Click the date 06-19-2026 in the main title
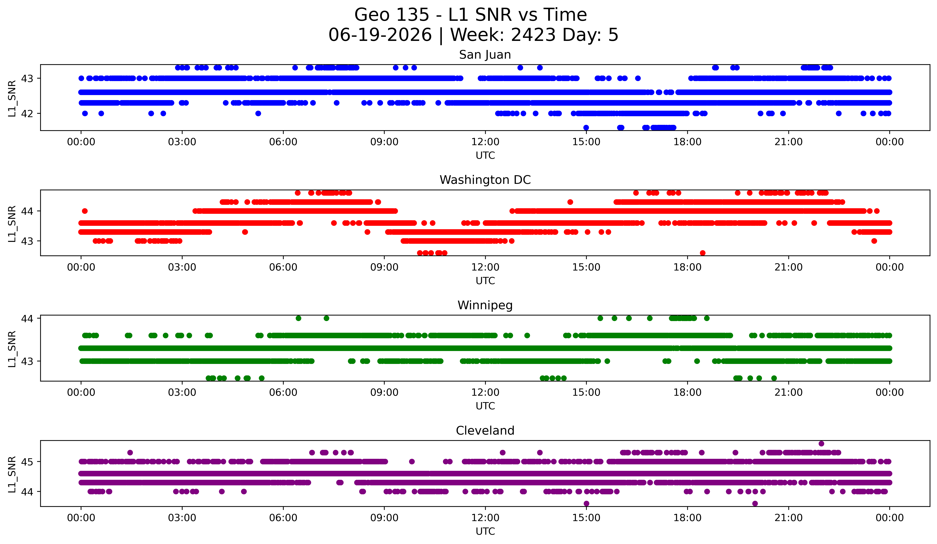click(x=380, y=35)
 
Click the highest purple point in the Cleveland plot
click(x=821, y=444)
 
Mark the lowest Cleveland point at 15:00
click(x=586, y=503)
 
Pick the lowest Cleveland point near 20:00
click(x=755, y=503)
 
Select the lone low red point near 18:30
click(x=702, y=253)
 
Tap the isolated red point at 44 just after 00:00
click(x=85, y=211)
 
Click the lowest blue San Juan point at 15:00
click(x=586, y=128)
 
